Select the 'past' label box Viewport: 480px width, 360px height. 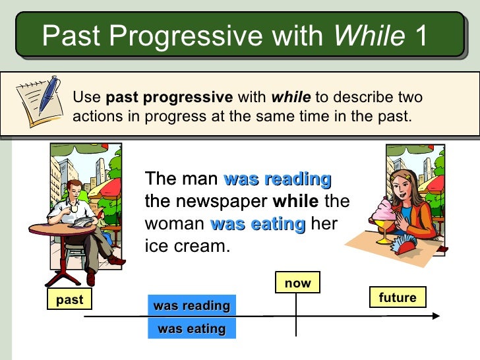[69, 300]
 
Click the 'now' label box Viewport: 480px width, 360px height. [297, 283]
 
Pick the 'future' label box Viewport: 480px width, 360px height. [398, 297]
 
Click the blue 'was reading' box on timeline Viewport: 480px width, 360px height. [192, 306]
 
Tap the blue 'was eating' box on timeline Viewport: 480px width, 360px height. [192, 328]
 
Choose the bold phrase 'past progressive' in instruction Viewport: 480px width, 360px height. [169, 98]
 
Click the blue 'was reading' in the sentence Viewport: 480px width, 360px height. [278, 179]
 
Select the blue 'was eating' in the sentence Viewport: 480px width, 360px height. [257, 224]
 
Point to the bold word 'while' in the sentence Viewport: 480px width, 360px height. [295, 201]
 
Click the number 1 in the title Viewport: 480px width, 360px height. [421, 35]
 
